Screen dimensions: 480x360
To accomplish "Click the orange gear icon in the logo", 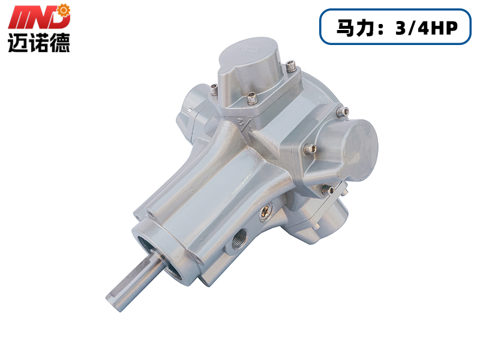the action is (64, 10).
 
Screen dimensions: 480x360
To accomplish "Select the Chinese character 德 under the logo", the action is (60, 43).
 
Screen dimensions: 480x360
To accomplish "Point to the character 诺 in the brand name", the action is (39, 43).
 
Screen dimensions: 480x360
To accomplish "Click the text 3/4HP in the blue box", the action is (426, 28).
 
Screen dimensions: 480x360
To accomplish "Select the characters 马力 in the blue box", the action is (355, 28).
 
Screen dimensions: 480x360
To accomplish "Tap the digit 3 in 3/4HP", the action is (400, 28).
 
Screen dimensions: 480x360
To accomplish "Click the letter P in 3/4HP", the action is (451, 28).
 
